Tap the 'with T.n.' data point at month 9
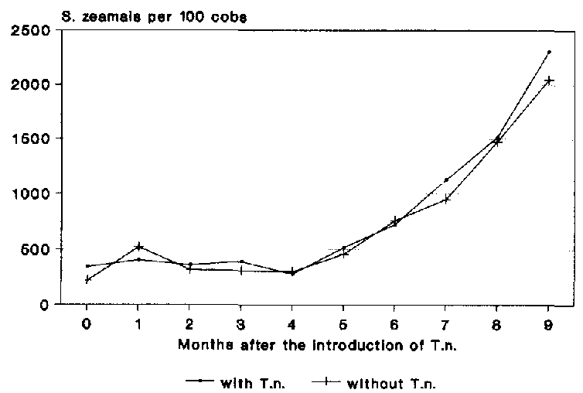pos(549,52)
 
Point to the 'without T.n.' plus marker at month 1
pos(138,247)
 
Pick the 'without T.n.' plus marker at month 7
pos(446,200)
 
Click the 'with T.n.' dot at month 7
pos(446,179)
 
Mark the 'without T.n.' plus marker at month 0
pos(87,279)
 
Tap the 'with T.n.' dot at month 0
pos(87,266)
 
